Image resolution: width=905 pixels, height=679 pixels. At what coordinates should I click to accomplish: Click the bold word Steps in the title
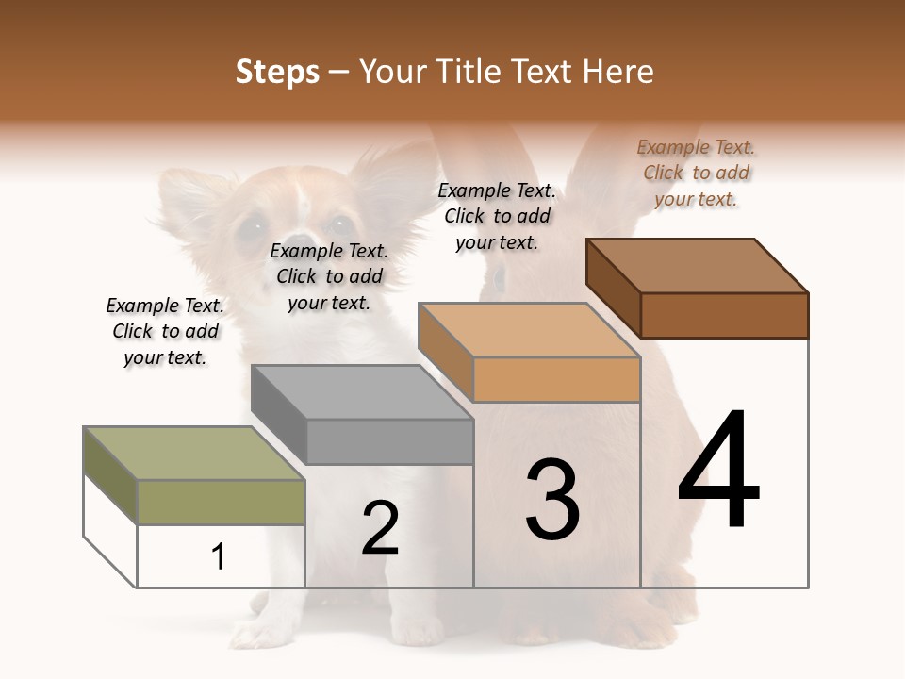click(x=277, y=72)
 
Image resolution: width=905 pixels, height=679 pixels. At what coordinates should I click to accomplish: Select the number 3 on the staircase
click(x=552, y=499)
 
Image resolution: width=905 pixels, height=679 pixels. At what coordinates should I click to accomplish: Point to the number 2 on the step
click(x=380, y=527)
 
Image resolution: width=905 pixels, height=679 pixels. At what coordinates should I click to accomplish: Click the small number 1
click(x=219, y=556)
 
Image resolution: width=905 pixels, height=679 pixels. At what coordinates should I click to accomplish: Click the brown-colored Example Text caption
click(x=696, y=173)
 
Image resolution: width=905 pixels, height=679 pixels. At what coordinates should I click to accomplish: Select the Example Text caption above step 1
click(x=165, y=331)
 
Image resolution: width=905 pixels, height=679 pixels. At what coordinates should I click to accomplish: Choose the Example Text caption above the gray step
click(x=329, y=276)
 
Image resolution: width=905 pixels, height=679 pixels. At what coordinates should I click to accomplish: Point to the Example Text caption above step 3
click(x=497, y=216)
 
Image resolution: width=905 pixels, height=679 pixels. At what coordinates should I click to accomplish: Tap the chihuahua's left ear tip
click(x=170, y=179)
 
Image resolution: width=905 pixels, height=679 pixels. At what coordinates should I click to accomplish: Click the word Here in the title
click(x=619, y=72)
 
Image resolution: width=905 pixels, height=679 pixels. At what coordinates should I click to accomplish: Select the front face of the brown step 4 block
click(x=724, y=315)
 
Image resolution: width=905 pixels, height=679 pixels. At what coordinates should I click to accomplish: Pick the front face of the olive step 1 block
click(x=222, y=502)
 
